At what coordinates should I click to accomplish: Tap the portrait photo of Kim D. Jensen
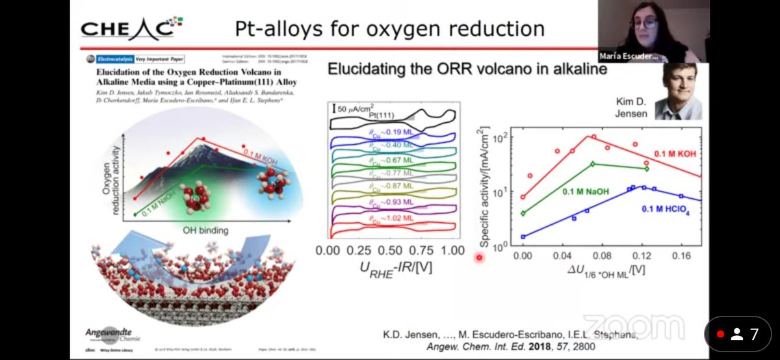tap(677, 91)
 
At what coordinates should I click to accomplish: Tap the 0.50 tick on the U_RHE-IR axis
tap(389, 251)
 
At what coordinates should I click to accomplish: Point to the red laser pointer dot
tap(480, 258)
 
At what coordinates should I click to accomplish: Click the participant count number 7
tap(754, 334)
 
